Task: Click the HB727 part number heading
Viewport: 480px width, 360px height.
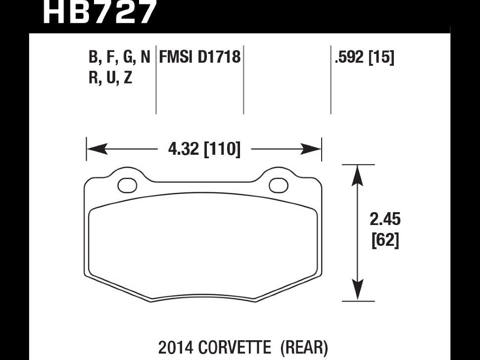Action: pos(99,12)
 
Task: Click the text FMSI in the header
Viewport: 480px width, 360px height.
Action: pos(176,57)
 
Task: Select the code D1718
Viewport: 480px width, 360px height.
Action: pos(219,57)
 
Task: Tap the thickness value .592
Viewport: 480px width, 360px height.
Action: pos(349,57)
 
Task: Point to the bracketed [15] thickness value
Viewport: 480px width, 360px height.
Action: pos(382,57)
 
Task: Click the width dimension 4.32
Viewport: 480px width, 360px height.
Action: pos(184,149)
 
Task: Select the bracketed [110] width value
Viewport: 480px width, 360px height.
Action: pos(222,149)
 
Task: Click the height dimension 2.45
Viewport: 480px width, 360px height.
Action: pos(385,219)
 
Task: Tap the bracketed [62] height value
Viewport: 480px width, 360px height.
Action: pos(385,240)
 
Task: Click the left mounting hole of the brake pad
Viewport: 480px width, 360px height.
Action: pos(127,185)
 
